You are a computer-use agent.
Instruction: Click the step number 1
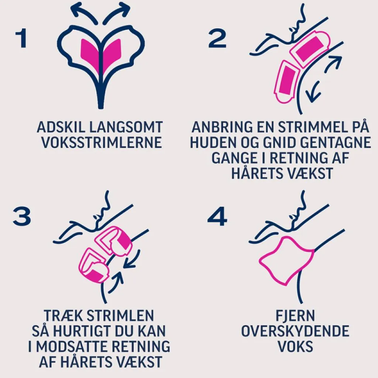point(21,38)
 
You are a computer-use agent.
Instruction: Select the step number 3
point(22,217)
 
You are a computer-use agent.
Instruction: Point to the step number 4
point(217,217)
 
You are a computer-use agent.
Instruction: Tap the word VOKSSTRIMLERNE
point(102,142)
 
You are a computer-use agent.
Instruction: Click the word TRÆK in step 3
point(63,316)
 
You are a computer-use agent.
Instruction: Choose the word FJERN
point(295,316)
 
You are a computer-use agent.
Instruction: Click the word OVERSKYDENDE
point(295,331)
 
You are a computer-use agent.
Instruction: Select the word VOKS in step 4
point(295,346)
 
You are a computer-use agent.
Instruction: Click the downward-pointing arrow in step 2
point(312,91)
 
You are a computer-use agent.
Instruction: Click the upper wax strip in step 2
point(309,49)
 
